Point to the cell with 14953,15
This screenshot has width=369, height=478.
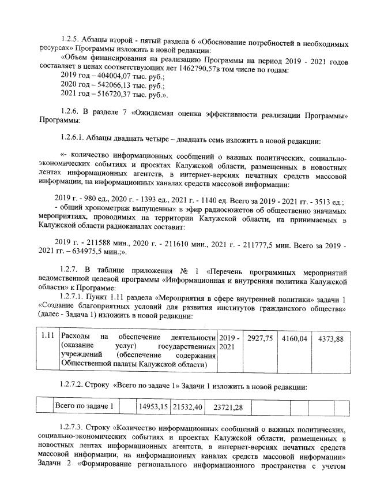(x=153, y=406)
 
